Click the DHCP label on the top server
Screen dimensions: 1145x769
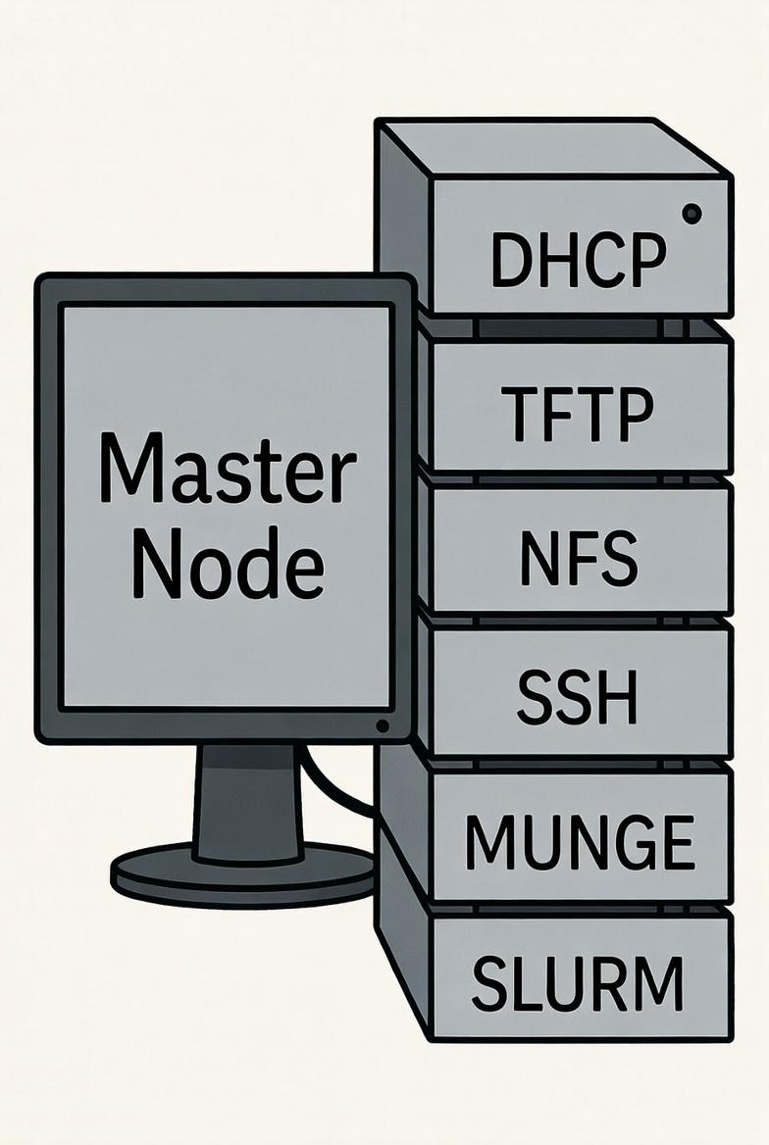(577, 261)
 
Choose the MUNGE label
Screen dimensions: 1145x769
(579, 842)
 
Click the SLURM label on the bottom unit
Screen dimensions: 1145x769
(577, 983)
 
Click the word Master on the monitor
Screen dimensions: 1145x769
(227, 471)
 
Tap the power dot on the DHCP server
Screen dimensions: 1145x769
(692, 212)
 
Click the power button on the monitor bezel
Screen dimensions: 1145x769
(382, 725)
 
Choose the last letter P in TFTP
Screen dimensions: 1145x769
(633, 415)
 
